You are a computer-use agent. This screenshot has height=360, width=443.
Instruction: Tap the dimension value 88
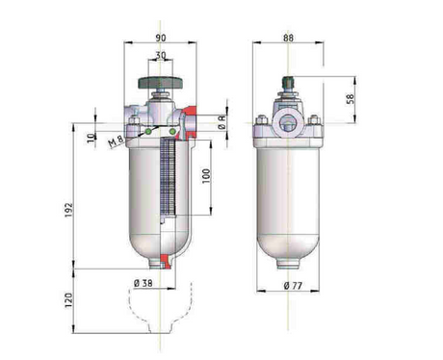(x=289, y=39)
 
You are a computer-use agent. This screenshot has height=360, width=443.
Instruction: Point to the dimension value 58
(x=350, y=98)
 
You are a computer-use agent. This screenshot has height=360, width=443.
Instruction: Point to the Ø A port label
(x=221, y=123)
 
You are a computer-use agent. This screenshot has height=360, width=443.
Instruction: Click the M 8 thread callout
(x=117, y=142)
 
